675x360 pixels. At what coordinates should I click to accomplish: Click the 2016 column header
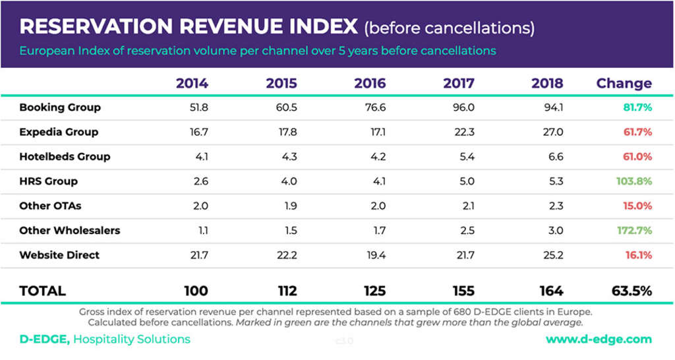click(x=370, y=84)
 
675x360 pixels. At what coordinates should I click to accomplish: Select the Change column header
click(x=624, y=84)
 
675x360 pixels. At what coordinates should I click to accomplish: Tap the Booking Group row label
click(x=60, y=107)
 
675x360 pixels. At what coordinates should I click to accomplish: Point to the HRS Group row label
click(x=48, y=181)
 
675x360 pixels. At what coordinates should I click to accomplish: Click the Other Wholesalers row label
click(x=70, y=231)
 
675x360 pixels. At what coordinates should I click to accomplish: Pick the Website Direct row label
click(x=59, y=255)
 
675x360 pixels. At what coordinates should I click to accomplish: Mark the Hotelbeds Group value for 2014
click(x=201, y=157)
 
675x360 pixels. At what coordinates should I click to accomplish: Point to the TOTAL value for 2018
click(x=550, y=291)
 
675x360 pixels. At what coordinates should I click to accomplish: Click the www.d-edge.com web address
click(x=599, y=340)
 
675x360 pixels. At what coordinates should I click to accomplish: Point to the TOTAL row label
click(x=42, y=291)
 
